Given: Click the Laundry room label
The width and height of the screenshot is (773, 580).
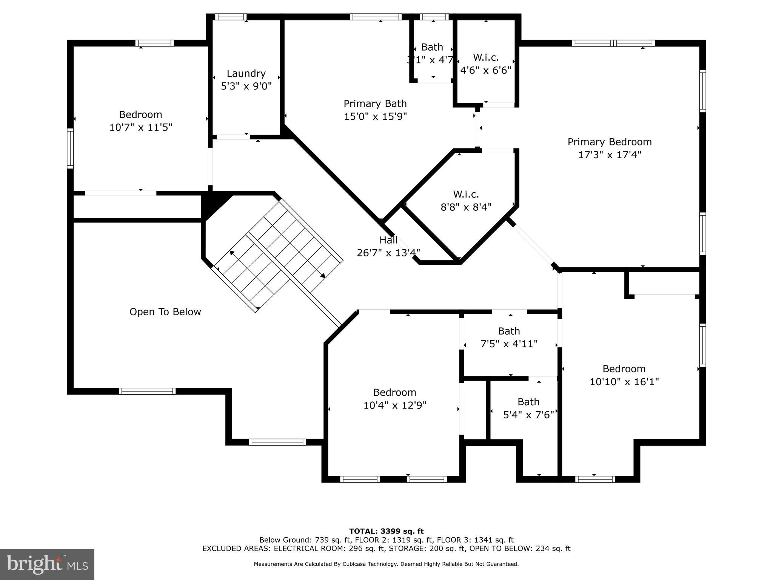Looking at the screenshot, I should point(246,73).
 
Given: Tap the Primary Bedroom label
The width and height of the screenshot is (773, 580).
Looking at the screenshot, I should point(610,142).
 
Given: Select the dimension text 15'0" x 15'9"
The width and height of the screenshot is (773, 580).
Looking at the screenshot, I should point(375,116).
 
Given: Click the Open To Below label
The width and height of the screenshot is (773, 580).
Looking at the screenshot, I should point(165,312).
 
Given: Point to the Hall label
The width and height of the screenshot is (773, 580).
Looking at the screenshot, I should point(388,240).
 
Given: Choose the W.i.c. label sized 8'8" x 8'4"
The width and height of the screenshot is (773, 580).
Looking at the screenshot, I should point(466,194).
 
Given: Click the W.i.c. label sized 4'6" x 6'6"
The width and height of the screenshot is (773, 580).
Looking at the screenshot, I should point(486,57).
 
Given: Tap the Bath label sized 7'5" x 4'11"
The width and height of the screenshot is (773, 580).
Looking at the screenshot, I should point(509,331).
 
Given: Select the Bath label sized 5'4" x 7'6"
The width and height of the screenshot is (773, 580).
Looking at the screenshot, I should point(528,402).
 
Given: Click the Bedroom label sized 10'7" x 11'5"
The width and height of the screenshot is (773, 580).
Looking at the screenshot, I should point(140,114).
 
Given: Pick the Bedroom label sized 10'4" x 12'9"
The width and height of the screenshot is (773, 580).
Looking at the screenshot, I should point(394,392).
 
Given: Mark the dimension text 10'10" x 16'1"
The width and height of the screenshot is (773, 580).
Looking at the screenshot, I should point(624,382).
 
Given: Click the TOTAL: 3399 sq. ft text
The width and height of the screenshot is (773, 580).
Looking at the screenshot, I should point(386,531).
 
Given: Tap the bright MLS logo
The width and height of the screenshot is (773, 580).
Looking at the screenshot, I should point(47,564).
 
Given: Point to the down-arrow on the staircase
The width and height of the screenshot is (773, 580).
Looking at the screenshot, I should point(323,276).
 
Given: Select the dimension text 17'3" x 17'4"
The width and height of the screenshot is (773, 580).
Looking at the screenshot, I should point(610,155).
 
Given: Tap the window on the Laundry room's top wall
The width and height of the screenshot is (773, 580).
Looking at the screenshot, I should point(231,17).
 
